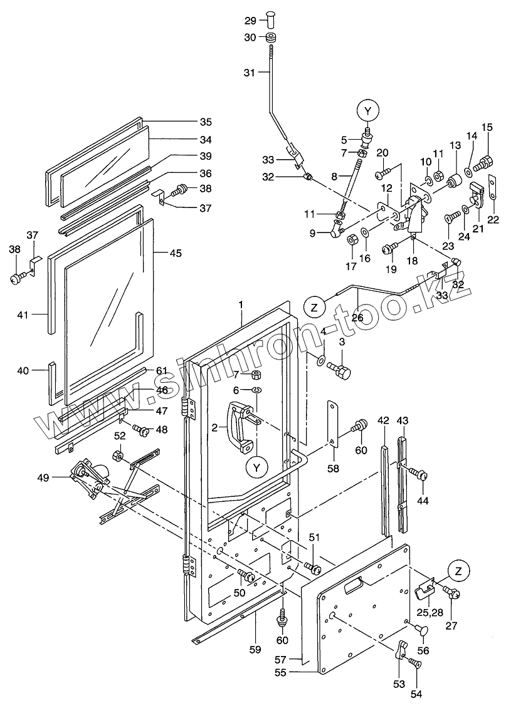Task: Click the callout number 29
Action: [250, 21]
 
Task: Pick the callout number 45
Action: [176, 252]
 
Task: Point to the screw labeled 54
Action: [413, 663]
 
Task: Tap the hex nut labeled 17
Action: [352, 239]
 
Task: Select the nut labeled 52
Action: [118, 454]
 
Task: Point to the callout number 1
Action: [240, 305]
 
